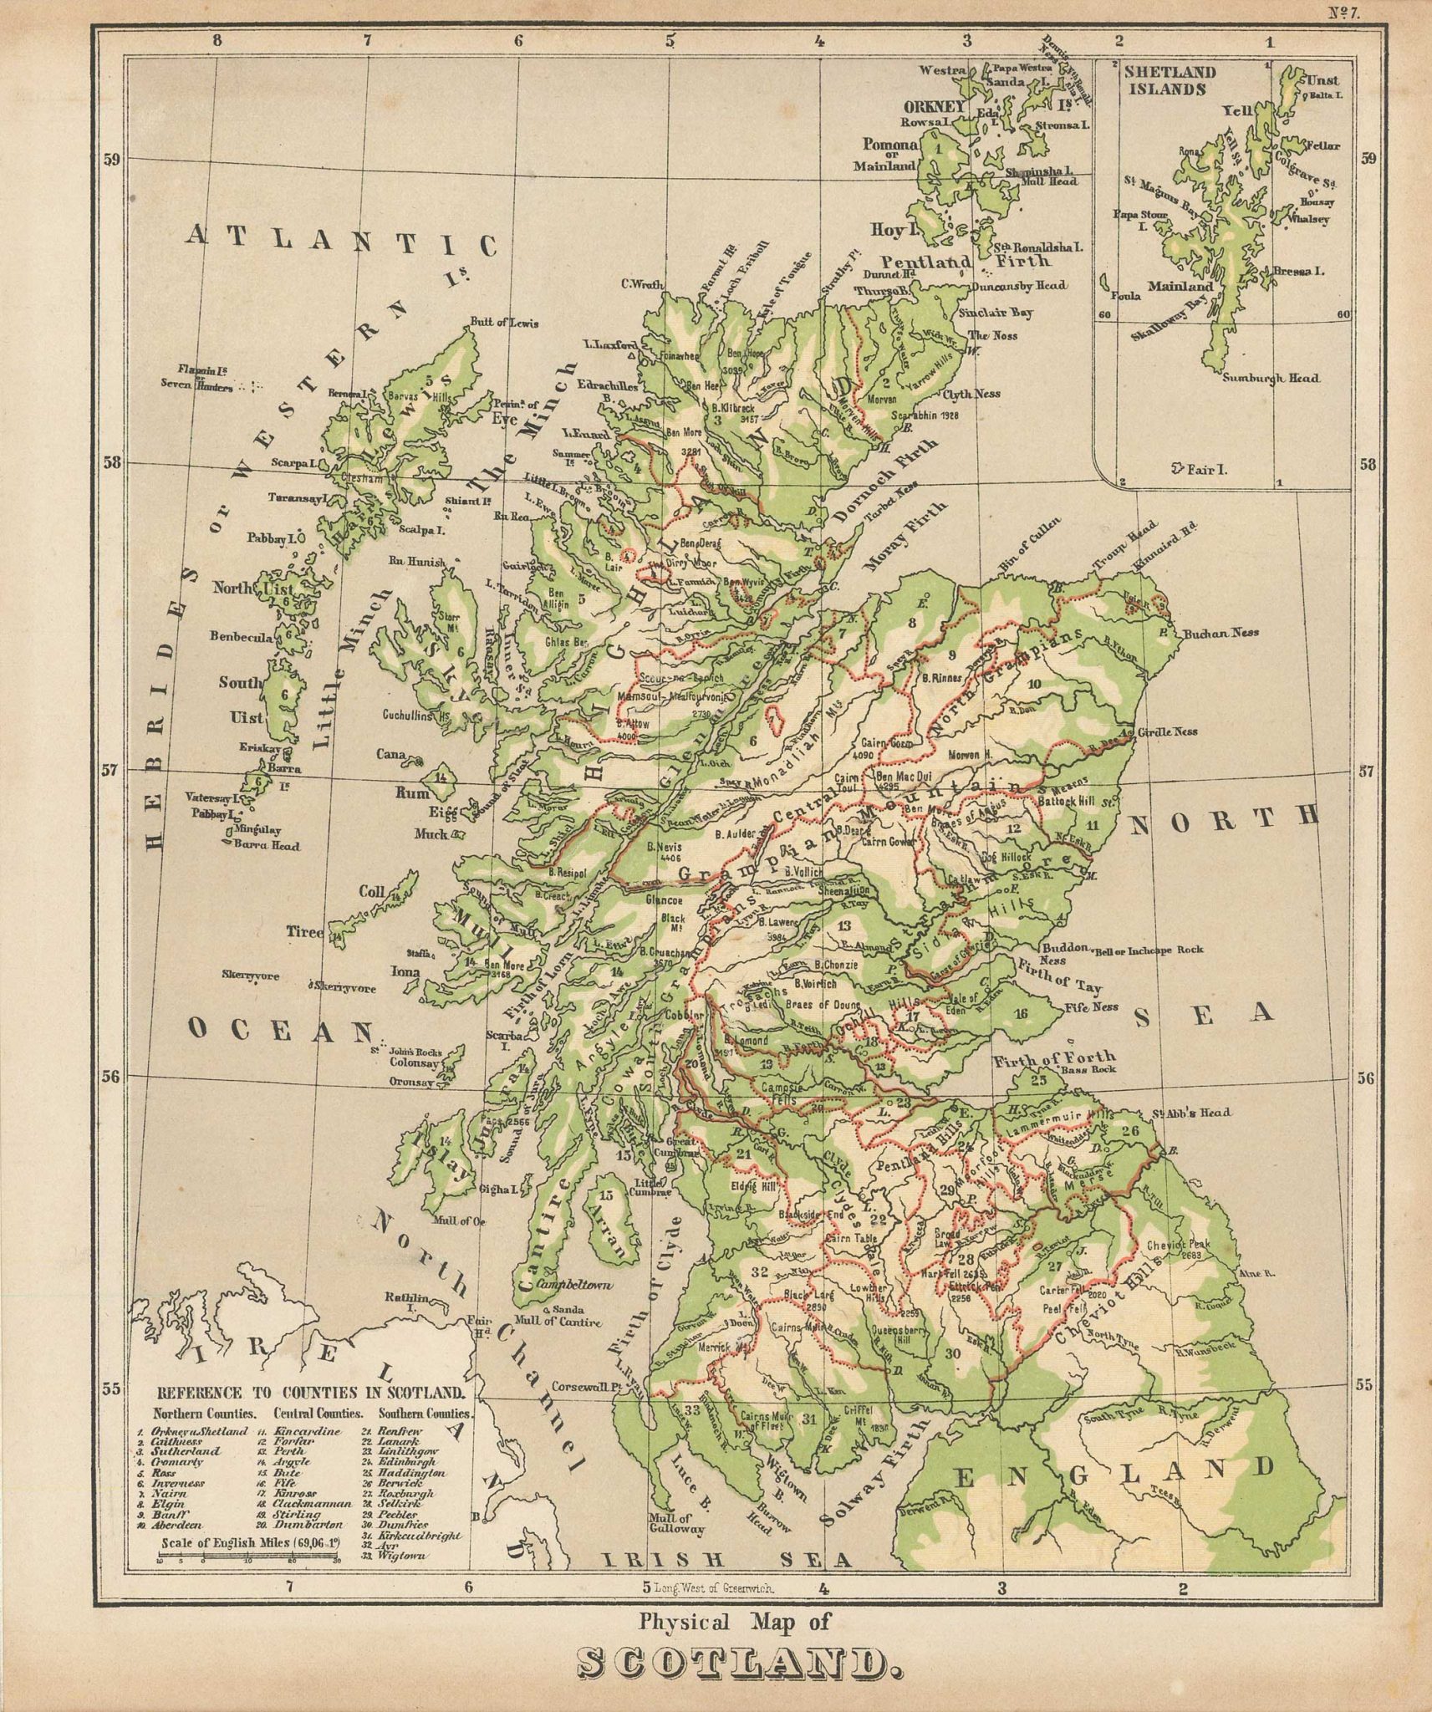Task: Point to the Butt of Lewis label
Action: pos(504,324)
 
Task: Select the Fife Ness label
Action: pos(1092,1007)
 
